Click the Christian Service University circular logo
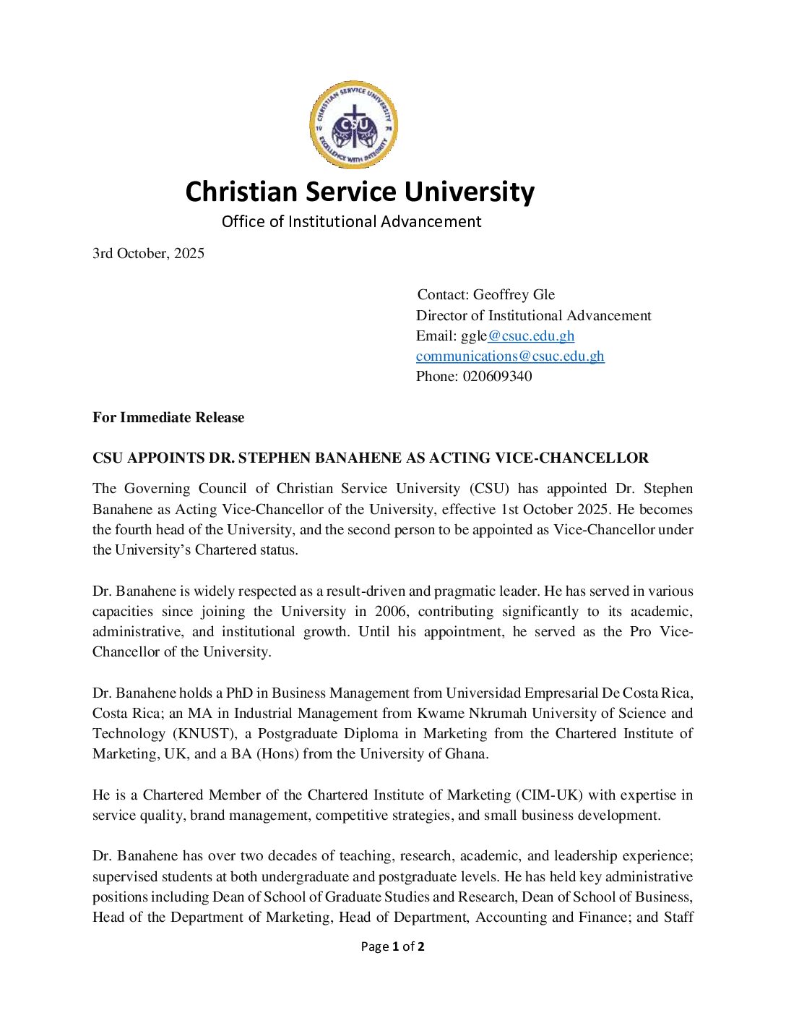coord(353,125)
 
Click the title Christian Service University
coord(360,192)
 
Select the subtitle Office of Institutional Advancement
coord(351,221)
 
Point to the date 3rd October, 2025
coord(148,253)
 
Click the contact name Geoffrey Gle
coord(514,294)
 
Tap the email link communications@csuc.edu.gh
coord(510,356)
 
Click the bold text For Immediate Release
coord(168,417)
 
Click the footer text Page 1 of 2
coord(392,946)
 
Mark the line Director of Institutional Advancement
coord(533,315)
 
